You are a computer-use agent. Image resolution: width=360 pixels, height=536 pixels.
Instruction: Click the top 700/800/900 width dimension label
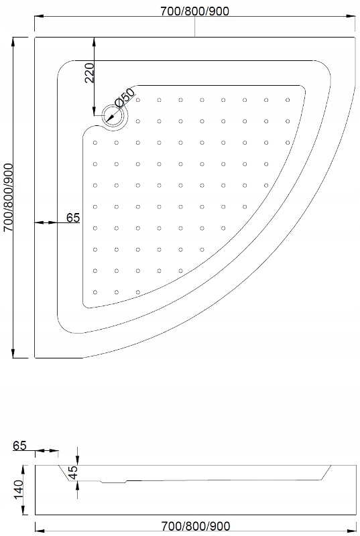point(194,11)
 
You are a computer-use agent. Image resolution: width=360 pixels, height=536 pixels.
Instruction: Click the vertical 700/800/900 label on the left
point(9,198)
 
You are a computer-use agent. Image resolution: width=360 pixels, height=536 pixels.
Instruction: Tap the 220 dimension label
point(89,71)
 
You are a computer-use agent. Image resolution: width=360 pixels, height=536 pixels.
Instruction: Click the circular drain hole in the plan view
point(115,118)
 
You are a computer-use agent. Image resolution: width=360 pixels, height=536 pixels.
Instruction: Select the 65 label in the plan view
point(73,217)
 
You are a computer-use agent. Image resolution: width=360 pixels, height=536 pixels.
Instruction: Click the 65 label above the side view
point(19,446)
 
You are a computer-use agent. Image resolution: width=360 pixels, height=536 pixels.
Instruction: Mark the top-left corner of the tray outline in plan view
point(34,37)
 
